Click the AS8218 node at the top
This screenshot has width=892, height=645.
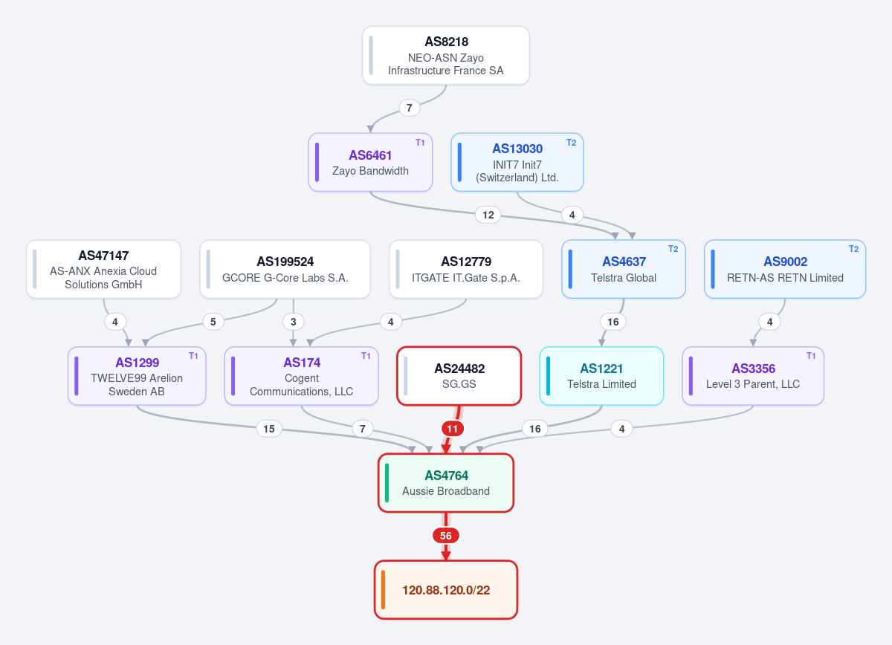point(445,55)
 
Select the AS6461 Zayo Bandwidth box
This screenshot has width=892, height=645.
point(370,162)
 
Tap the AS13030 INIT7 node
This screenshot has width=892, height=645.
point(517,162)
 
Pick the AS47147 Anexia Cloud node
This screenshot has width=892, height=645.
point(103,269)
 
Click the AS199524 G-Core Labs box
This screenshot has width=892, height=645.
point(285,269)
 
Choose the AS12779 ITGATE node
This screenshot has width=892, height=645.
point(466,269)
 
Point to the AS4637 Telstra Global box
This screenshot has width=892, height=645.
point(624,269)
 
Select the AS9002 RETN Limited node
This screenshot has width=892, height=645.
point(785,269)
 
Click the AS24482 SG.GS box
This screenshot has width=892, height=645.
point(459,376)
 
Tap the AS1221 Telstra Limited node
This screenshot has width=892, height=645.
point(601,376)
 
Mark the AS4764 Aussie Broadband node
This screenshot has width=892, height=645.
point(446,482)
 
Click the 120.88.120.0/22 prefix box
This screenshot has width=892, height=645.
point(446,590)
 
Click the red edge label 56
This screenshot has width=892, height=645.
point(446,536)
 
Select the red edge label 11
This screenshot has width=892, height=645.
point(453,429)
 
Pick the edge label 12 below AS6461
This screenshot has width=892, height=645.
point(488,215)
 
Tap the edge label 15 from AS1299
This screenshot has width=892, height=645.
point(269,429)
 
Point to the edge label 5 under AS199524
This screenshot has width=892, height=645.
point(213,322)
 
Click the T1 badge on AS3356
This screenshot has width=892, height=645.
point(811,355)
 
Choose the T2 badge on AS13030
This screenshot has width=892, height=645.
point(571,143)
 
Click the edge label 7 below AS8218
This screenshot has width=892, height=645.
point(410,108)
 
